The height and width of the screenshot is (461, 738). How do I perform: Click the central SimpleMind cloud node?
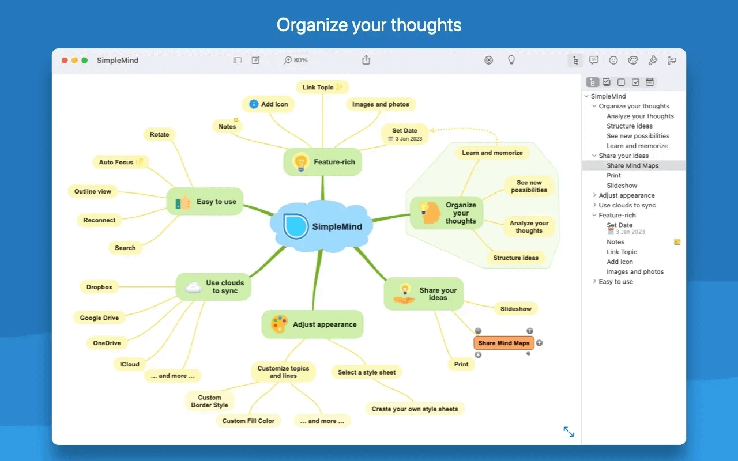click(x=323, y=226)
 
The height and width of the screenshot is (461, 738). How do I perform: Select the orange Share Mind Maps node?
click(x=503, y=343)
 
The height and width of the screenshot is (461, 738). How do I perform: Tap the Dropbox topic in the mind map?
click(x=99, y=287)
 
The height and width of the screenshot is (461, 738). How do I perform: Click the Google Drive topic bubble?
click(x=99, y=318)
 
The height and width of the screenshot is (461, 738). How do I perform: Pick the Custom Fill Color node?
click(x=248, y=421)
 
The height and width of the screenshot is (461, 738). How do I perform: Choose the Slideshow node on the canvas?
click(x=515, y=309)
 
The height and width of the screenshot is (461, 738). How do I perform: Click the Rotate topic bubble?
click(x=159, y=134)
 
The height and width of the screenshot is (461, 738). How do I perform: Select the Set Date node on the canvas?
click(x=405, y=134)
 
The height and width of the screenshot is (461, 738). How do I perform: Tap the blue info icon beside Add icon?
click(x=254, y=104)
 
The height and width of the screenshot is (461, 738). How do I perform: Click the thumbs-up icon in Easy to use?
click(x=183, y=202)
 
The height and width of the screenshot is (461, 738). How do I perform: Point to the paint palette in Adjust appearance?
click(x=280, y=324)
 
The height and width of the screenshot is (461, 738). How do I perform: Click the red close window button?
click(x=65, y=60)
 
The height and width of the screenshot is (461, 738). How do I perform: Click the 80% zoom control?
click(x=296, y=60)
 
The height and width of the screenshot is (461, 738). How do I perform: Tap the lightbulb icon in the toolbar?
click(x=510, y=60)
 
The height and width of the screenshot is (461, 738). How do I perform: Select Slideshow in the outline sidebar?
click(x=622, y=186)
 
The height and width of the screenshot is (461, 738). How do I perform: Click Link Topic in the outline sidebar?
click(x=622, y=252)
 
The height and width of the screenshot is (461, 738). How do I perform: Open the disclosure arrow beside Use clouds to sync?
click(x=594, y=205)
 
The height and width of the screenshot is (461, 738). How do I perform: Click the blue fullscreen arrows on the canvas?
click(x=568, y=432)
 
